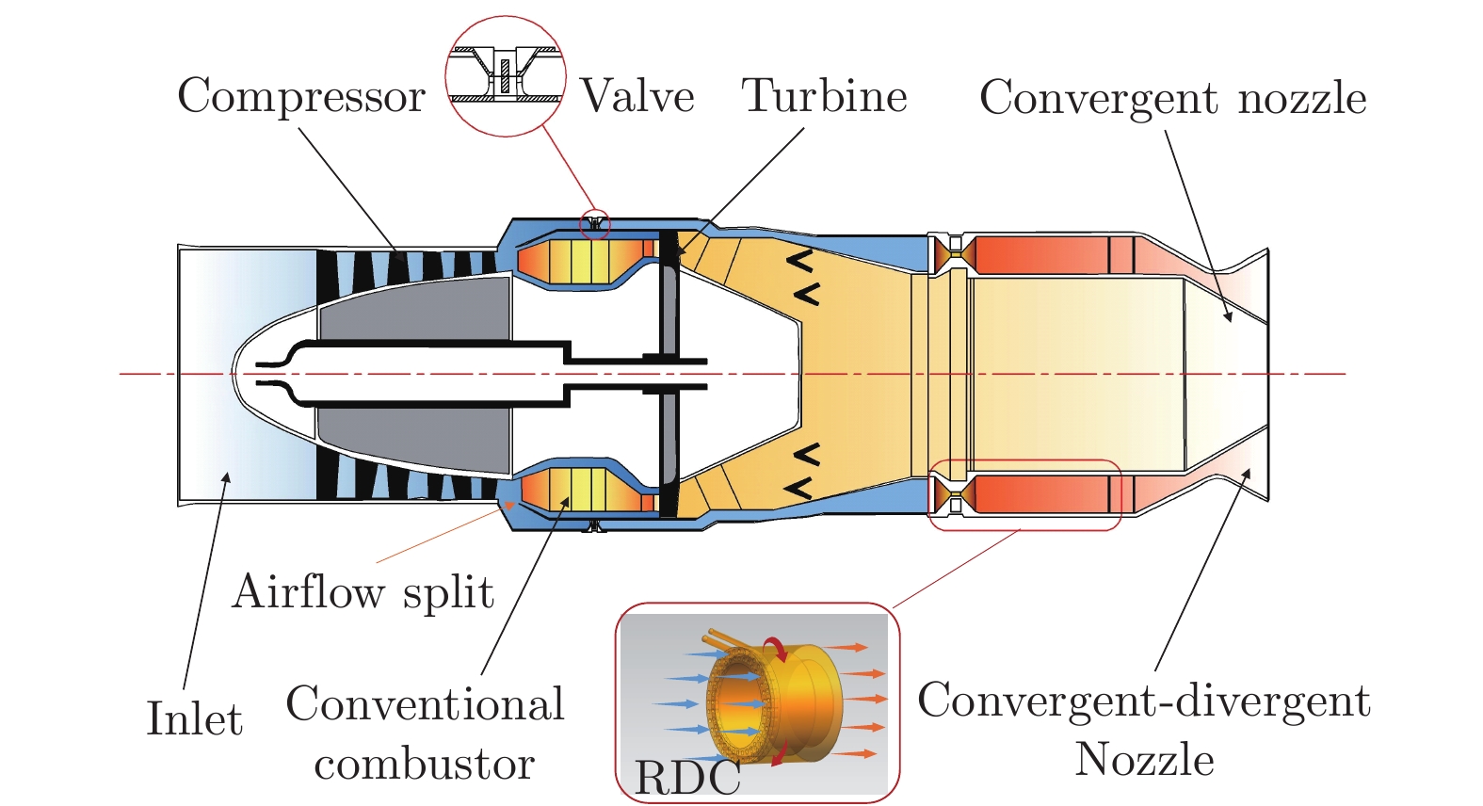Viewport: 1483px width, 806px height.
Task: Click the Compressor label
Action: point(301,96)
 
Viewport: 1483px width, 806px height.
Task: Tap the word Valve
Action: point(637,96)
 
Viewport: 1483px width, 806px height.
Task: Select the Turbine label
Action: point(825,96)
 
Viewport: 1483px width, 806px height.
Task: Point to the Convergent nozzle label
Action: point(1172,98)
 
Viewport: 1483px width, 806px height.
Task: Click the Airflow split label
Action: point(363,592)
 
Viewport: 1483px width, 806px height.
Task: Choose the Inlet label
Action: point(195,718)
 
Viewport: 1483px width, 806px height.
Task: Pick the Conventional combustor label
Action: point(425,733)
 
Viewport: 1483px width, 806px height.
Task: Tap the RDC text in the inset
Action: point(687,778)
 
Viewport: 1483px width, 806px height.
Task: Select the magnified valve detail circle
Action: point(505,76)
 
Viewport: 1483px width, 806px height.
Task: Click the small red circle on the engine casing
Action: point(594,224)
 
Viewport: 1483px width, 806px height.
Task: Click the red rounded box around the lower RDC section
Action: point(1024,495)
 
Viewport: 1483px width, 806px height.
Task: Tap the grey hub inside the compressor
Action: point(414,311)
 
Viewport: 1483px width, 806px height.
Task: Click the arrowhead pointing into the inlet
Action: point(226,478)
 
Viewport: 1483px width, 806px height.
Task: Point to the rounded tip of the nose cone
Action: point(235,374)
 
